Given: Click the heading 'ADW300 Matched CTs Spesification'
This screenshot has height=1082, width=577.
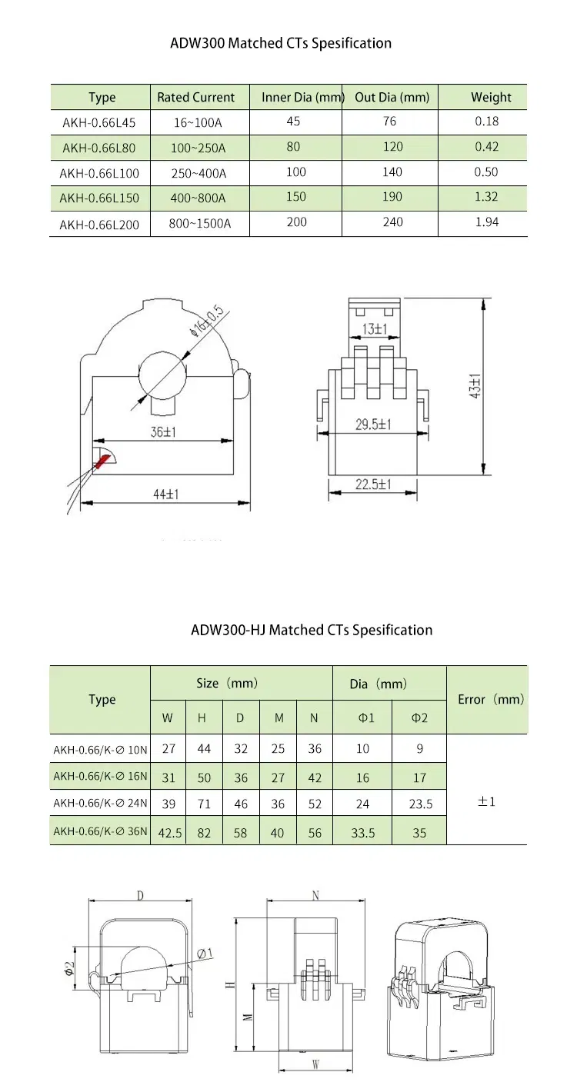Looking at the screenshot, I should [281, 43].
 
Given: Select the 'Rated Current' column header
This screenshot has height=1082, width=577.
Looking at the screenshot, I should [195, 98].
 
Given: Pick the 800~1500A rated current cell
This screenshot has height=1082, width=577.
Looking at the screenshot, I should [199, 223].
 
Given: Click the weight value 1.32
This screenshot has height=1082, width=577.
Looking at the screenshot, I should [486, 197].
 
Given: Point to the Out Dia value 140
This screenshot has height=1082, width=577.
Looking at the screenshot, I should [392, 171].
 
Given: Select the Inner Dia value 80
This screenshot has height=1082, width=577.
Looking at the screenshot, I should [293, 147].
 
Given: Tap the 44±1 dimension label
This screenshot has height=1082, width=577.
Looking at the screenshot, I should [162, 494].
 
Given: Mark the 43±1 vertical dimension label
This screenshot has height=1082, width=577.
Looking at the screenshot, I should [476, 385].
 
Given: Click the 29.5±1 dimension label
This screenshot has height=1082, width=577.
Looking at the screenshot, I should [374, 424].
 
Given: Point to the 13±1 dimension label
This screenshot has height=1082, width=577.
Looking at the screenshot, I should [375, 329].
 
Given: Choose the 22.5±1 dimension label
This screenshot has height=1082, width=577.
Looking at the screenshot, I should [373, 484].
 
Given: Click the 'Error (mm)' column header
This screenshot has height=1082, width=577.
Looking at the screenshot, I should [490, 699].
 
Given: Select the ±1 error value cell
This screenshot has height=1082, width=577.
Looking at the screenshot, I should [486, 801].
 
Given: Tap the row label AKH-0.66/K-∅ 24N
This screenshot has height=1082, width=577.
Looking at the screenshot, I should [99, 804].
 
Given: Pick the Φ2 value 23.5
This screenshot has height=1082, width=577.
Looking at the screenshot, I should [419, 804].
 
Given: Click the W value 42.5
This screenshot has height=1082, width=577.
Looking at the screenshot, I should [168, 833].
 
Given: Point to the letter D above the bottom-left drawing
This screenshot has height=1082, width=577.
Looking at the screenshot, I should [139, 896].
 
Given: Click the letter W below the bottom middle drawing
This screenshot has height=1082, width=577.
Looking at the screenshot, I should [315, 1065].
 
